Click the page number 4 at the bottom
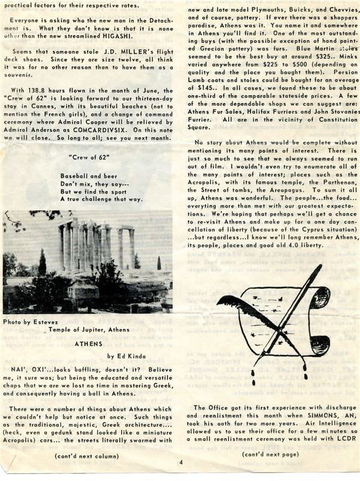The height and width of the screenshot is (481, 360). (x=179, y=463)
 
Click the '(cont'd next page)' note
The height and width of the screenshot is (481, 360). (x=270, y=455)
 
